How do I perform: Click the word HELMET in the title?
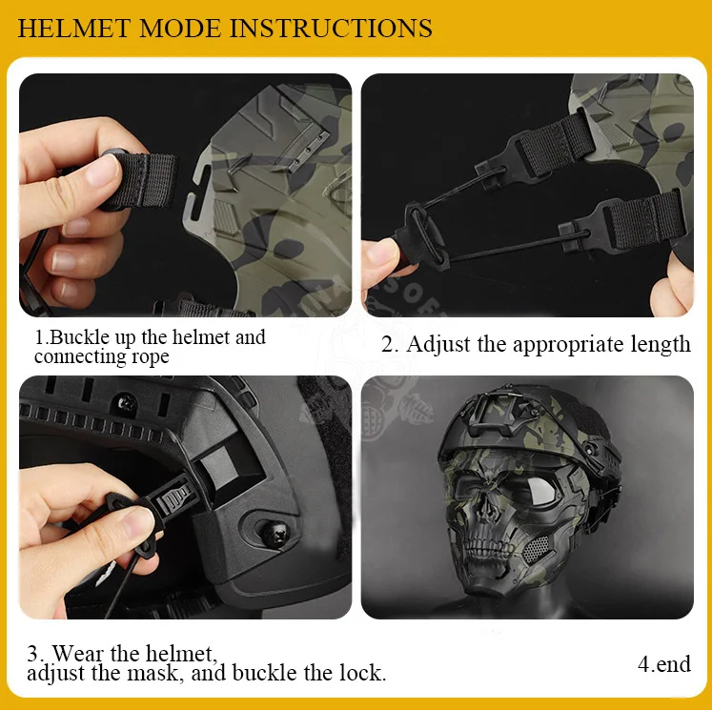74,29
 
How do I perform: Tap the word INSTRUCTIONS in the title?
331,29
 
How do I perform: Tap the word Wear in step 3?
77,653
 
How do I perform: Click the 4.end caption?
664,663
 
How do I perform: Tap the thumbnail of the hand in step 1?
103,171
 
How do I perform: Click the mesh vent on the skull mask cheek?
536,548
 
